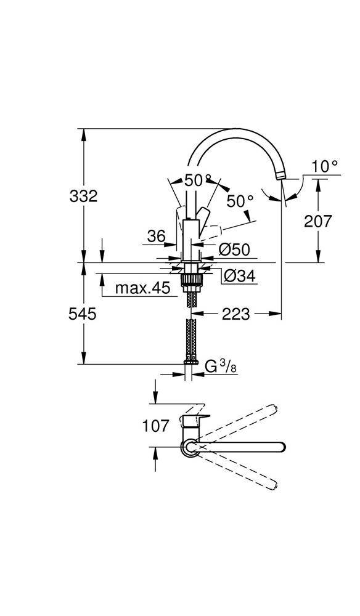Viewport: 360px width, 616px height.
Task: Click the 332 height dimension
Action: tap(83, 196)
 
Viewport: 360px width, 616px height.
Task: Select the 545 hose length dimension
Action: tap(83, 314)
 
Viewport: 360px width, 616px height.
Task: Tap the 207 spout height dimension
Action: tap(318, 221)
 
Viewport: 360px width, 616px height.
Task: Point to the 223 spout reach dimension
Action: tap(236, 314)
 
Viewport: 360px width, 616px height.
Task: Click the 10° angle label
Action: tap(324, 166)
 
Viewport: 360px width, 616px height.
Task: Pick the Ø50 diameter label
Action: tap(234, 249)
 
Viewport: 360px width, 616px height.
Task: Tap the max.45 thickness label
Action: tap(142, 288)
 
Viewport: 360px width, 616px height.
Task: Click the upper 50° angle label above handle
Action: tap(198, 180)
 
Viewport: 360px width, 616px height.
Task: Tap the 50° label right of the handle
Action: tap(239, 201)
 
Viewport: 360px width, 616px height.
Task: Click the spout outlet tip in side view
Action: tap(282, 177)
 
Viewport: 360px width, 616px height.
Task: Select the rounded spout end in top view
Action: tap(279, 447)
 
